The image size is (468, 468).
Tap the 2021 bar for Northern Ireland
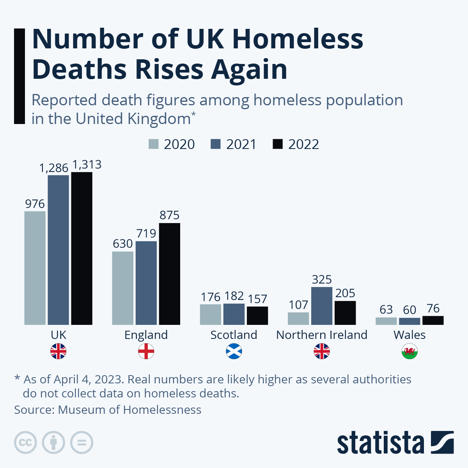tap(322, 306)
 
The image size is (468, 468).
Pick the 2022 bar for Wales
tap(433, 320)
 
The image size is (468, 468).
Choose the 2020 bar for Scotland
tap(211, 314)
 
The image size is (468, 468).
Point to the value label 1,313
tap(87, 165)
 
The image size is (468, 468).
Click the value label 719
tap(146, 233)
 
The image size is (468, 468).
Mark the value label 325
tap(322, 279)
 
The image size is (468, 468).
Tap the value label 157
tap(257, 299)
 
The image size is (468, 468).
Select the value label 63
tap(386, 309)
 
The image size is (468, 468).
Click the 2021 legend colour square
tap(216, 144)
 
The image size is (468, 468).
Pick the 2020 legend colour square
tap(154, 144)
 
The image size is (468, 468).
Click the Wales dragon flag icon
tap(409, 351)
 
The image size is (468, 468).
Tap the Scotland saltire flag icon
tap(234, 351)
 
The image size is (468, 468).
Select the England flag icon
tap(146, 351)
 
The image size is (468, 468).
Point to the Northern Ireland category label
tap(322, 335)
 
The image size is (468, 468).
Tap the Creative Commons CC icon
tap(25, 443)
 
